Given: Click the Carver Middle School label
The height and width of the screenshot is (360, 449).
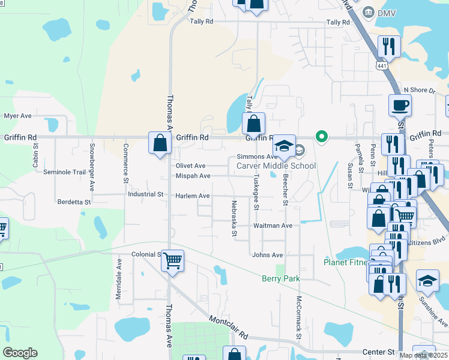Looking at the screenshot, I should (x=276, y=166).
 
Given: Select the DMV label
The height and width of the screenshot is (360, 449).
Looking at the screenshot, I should (x=387, y=12).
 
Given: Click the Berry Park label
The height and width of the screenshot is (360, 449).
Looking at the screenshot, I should (x=280, y=278).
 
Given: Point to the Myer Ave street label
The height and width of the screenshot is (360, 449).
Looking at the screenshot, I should (x=17, y=116).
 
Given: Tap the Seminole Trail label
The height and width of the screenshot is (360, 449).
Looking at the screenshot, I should (x=65, y=172).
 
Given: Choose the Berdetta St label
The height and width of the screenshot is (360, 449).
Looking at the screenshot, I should (x=74, y=202).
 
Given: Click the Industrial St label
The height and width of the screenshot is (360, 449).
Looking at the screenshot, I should (x=145, y=194).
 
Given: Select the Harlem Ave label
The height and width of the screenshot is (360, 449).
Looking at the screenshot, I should (x=192, y=196).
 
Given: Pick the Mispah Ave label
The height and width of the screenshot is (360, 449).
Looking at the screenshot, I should (x=193, y=176).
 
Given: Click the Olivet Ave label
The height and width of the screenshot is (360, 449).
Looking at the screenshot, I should (x=190, y=166).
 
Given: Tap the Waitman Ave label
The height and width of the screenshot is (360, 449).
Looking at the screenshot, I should (x=273, y=226).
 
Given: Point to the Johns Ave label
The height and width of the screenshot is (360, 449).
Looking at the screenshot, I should (x=267, y=255).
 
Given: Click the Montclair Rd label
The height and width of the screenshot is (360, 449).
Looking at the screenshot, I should (x=228, y=328).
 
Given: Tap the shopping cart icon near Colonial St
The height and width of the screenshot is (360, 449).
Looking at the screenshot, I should (x=172, y=260).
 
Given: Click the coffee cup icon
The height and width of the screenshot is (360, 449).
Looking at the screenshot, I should (x=400, y=106).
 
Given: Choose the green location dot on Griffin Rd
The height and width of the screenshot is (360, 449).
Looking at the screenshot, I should (x=322, y=137).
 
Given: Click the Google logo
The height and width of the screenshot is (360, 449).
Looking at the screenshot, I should (x=20, y=353).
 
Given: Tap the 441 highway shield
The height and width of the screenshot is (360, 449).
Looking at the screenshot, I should (x=381, y=64).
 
